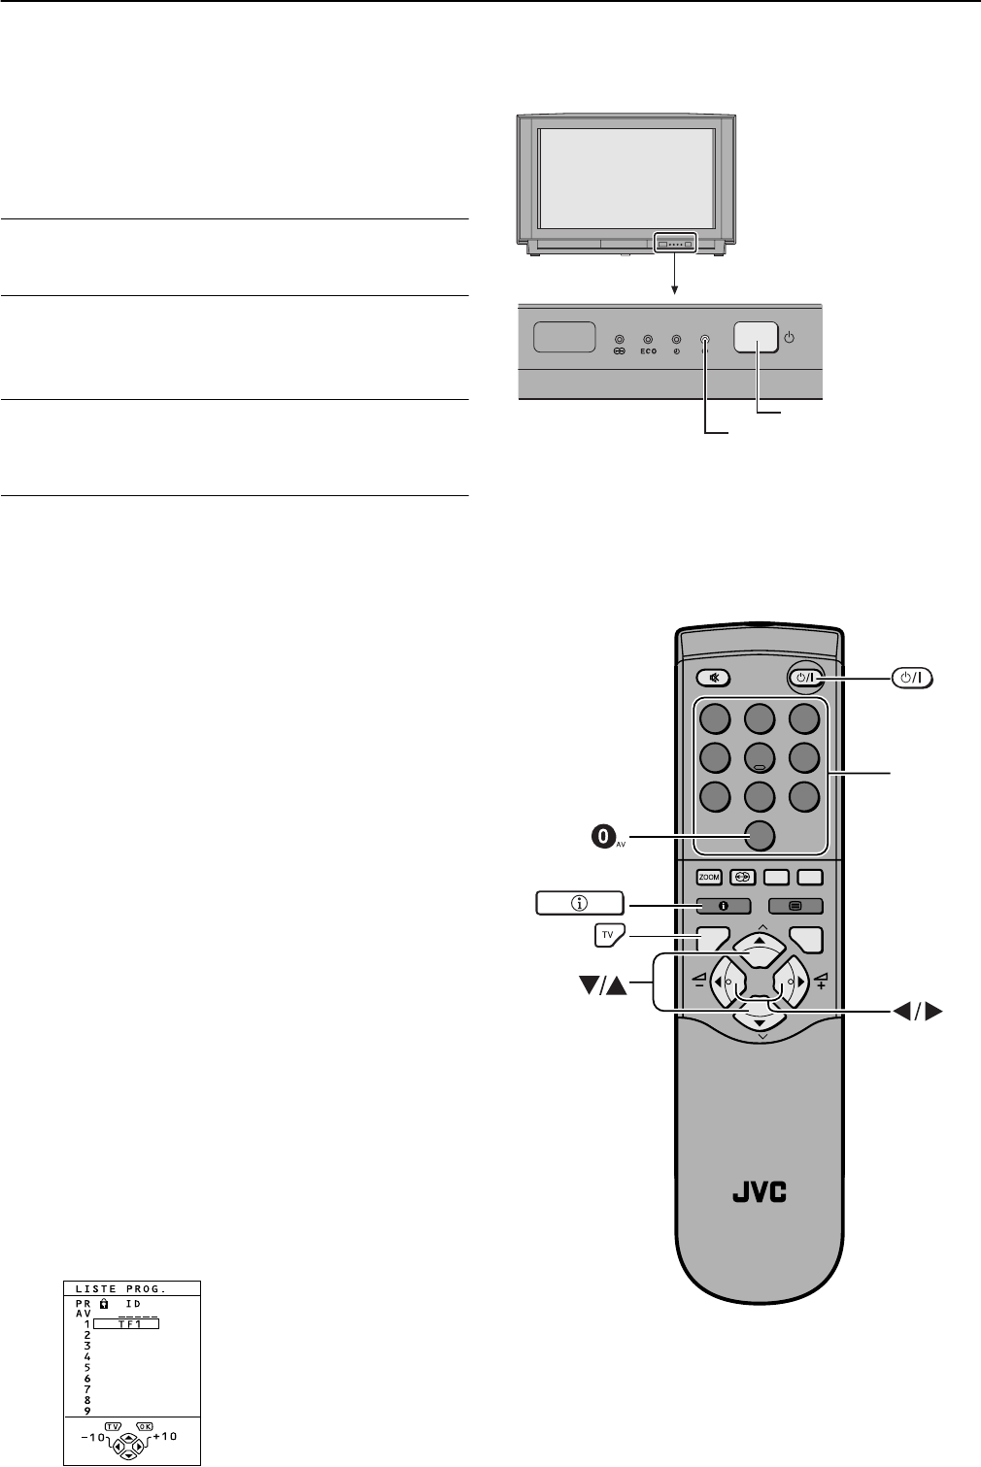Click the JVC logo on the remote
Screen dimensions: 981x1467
tap(759, 1191)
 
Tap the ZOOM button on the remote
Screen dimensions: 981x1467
tap(709, 878)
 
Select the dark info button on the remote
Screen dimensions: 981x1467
tap(723, 906)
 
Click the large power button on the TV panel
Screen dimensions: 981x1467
tap(756, 337)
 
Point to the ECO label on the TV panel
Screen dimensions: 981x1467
tap(648, 351)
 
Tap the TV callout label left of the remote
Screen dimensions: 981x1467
tap(608, 935)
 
